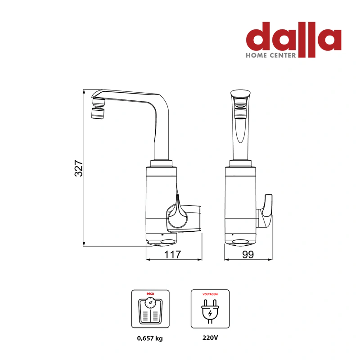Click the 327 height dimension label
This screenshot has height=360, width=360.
(x=78, y=168)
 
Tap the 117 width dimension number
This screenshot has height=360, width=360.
(x=173, y=254)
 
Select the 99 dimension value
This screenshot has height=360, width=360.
(x=248, y=254)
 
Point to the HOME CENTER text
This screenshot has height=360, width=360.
(x=271, y=55)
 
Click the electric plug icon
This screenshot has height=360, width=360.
(x=210, y=311)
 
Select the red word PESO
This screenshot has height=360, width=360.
(x=150, y=294)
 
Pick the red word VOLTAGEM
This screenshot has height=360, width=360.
(x=210, y=294)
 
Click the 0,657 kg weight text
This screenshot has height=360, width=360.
(x=150, y=338)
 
